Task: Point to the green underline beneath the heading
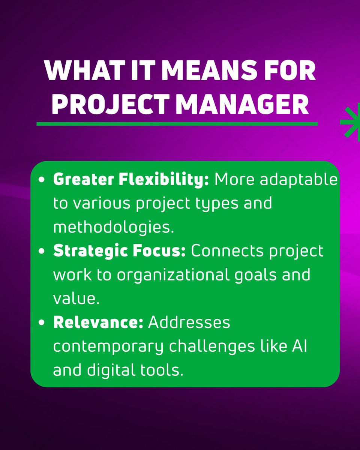point(177,124)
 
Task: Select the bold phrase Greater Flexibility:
point(131,180)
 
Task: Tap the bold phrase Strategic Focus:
point(120,251)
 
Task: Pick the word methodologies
point(113,227)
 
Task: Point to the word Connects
point(229,251)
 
